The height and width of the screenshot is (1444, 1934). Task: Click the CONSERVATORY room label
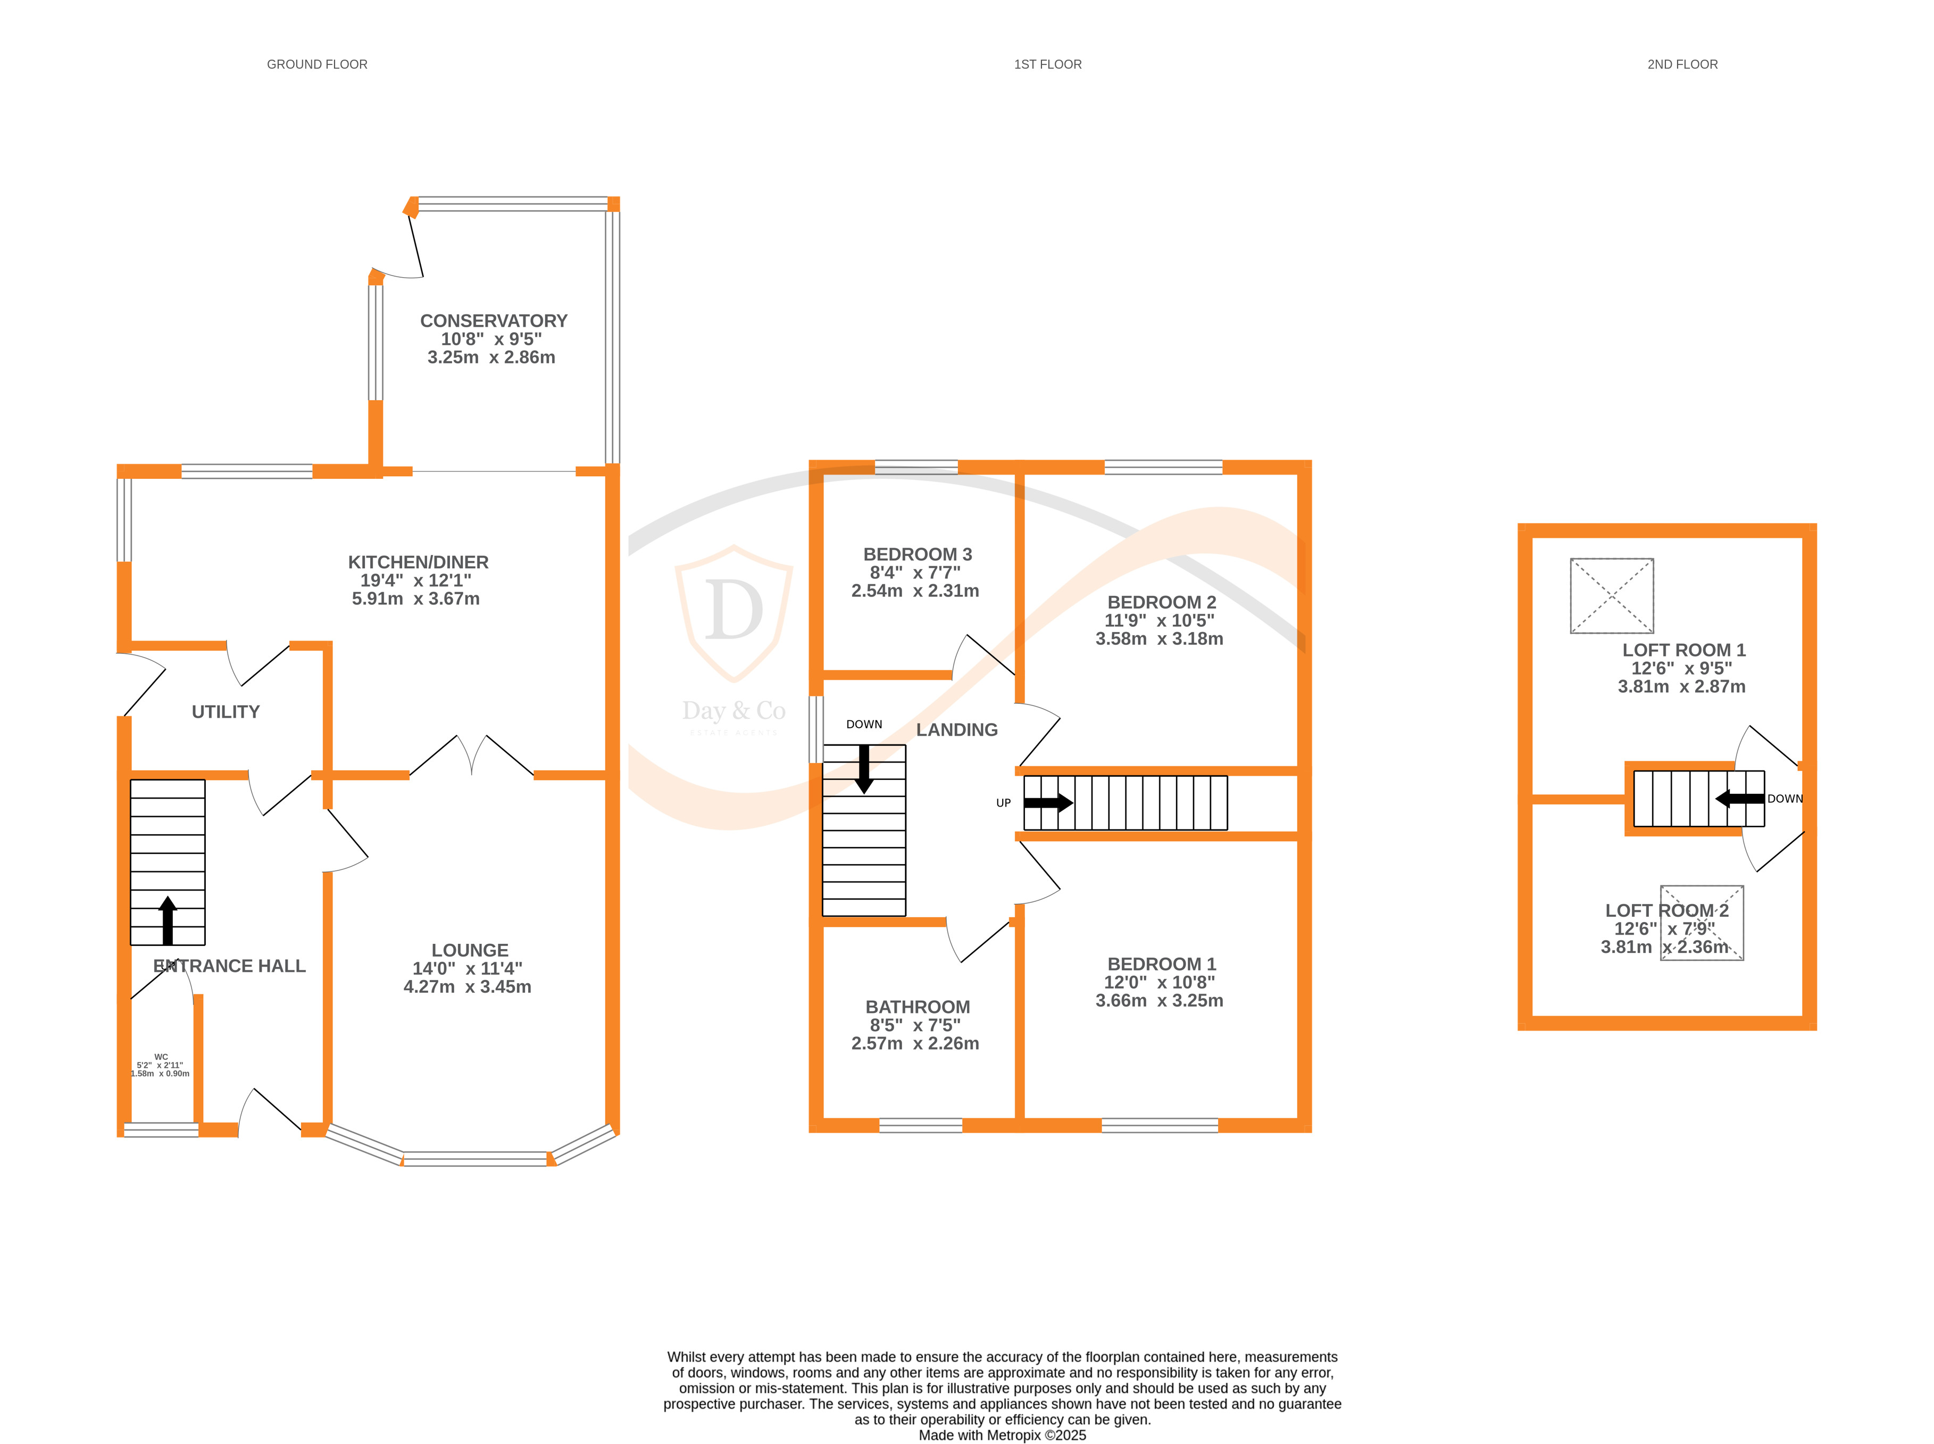click(493, 321)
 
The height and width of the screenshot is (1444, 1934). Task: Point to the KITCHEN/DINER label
click(418, 562)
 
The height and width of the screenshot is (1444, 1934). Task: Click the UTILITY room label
click(226, 711)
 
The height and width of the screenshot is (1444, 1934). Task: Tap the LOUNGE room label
click(469, 950)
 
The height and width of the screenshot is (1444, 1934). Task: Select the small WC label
click(161, 1057)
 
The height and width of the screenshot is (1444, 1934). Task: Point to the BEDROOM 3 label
click(917, 554)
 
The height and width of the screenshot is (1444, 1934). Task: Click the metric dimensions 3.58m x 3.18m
click(1159, 639)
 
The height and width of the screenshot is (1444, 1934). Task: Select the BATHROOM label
click(917, 1007)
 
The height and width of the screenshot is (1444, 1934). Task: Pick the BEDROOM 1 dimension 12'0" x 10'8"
click(1159, 983)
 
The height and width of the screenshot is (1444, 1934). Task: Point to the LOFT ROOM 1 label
click(1683, 650)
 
